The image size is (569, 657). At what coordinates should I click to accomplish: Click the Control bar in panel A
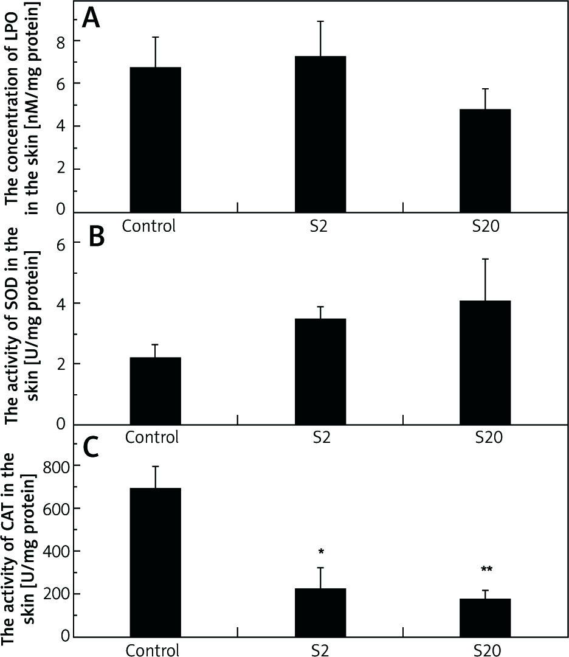click(x=155, y=139)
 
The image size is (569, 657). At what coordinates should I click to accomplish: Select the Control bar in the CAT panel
click(x=155, y=562)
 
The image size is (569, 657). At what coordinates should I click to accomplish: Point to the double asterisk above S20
click(x=486, y=570)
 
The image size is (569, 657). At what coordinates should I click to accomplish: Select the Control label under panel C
click(x=153, y=650)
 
